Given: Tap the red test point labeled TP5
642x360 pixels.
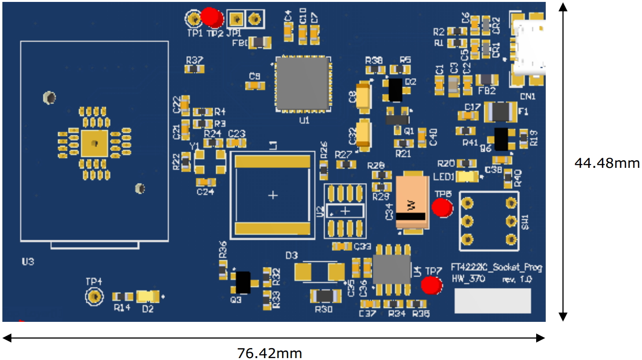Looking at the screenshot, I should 442,208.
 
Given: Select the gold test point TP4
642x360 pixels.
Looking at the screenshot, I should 94,297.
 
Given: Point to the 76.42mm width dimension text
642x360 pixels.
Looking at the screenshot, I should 269,353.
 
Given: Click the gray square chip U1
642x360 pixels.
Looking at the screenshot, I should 302,84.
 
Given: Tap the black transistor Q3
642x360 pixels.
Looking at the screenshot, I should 243,282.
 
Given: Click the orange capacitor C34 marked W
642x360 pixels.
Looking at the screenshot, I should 410,203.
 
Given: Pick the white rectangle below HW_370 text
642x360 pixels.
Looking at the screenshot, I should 492,301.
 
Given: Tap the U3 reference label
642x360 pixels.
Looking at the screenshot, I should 28,262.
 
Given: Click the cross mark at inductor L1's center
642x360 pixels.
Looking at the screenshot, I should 273,195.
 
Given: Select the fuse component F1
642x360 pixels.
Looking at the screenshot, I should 500,113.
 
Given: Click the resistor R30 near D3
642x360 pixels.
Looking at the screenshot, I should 325,296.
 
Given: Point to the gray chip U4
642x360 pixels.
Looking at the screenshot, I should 391,269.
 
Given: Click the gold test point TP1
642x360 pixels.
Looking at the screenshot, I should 194,19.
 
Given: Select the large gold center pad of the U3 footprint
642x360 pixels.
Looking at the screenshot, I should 94,143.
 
